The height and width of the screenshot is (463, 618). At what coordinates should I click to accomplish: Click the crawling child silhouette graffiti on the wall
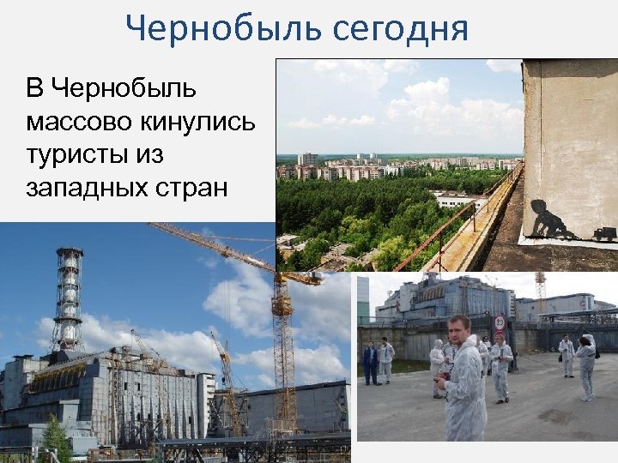(x=551, y=220)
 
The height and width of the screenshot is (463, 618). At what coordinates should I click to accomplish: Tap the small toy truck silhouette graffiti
(x=604, y=233)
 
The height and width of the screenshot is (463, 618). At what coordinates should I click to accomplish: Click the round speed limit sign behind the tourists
(x=500, y=324)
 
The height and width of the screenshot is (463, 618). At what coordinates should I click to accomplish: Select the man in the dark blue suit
(x=370, y=363)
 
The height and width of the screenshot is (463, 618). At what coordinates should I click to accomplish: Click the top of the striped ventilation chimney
(x=69, y=254)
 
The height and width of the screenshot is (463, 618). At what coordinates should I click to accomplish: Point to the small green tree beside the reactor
(x=56, y=437)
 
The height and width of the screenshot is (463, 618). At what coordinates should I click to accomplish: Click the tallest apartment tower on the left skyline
(x=306, y=159)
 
